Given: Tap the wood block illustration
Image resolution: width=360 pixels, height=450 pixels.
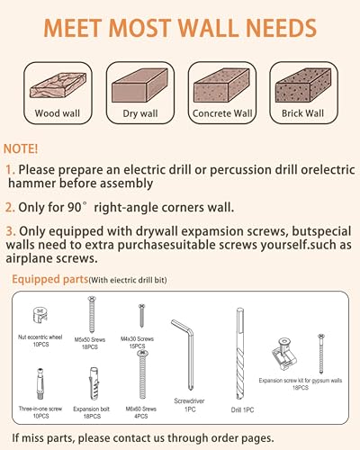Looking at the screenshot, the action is coord(58,85).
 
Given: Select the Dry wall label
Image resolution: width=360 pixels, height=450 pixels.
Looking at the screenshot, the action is coord(140,113).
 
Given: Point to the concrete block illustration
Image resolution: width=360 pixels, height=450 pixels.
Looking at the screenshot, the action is coord(221,85).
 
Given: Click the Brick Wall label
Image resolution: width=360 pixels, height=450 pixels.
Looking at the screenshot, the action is coord(302,113).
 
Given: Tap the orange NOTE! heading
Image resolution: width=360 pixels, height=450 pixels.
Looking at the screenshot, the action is coord(21,148).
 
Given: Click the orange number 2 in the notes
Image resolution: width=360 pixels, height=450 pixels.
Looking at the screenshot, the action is coord(10,207).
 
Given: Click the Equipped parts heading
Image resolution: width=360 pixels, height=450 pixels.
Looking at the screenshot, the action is coord(49,279).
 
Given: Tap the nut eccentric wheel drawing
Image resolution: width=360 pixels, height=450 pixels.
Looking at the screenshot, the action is coord(40,315).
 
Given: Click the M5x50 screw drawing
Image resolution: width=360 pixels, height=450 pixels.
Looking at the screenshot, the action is coord(92,314).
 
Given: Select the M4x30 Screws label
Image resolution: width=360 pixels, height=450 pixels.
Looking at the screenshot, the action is coord(137,339).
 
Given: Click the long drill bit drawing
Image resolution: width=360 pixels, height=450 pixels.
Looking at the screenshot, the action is coord(240,354).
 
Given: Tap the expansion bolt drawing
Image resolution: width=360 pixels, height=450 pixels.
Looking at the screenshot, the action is coord(94,383).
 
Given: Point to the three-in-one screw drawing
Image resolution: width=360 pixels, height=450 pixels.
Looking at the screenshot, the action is coord(40,383).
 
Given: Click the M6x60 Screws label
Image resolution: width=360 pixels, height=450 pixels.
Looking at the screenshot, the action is coord(141,409).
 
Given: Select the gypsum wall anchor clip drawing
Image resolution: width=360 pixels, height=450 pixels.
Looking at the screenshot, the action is coord(283,354).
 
